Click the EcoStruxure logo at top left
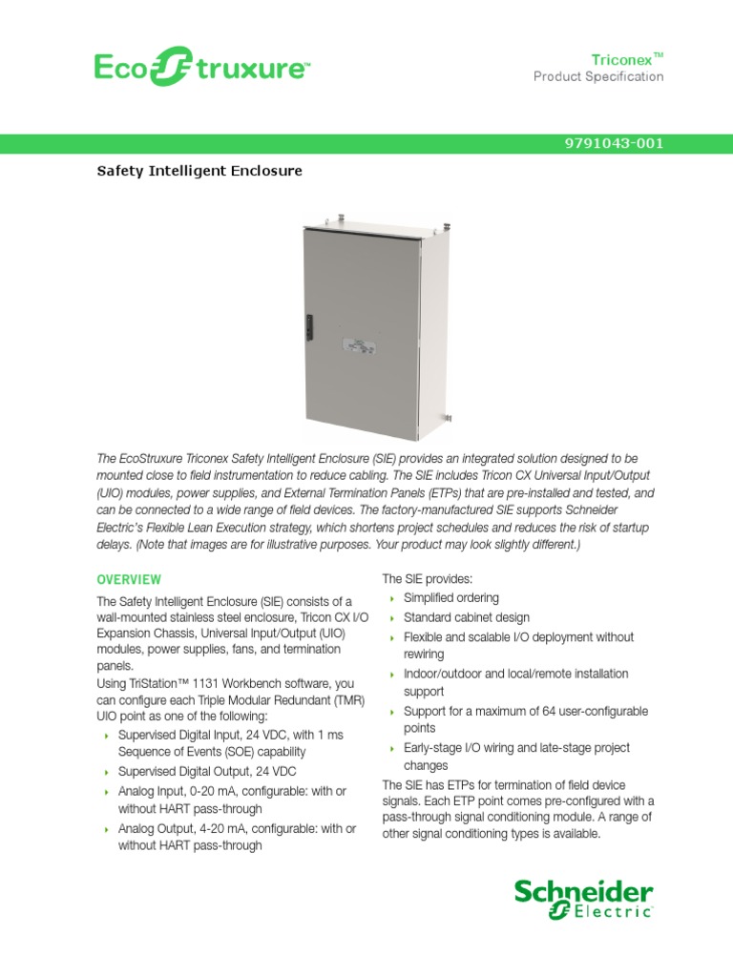pyautogui.click(x=200, y=68)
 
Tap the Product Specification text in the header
pyautogui.click(x=597, y=77)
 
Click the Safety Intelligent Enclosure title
pyautogui.click(x=199, y=171)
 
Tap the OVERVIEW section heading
pyautogui.click(x=129, y=579)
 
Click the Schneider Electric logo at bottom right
pyautogui.click(x=583, y=900)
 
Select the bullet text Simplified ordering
pyautogui.click(x=450, y=598)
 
